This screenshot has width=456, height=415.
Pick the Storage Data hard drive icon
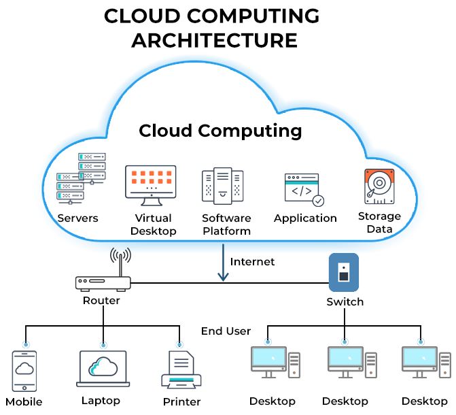pyautogui.click(x=379, y=187)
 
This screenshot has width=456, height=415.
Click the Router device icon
pyautogui.click(x=101, y=281)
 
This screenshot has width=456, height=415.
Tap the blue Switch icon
pyautogui.click(x=344, y=271)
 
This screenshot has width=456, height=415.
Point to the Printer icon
pyautogui.click(x=181, y=371)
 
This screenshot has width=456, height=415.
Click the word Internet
pyautogui.click(x=252, y=261)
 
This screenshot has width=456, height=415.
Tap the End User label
pyautogui.click(x=226, y=331)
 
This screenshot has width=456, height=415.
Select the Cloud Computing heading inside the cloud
pyautogui.click(x=220, y=130)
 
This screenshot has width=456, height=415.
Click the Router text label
pyautogui.click(x=101, y=300)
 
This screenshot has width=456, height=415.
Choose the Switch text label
pyautogui.click(x=345, y=301)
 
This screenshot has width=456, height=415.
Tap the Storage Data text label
pyautogui.click(x=379, y=222)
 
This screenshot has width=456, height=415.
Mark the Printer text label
pyautogui.click(x=181, y=401)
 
